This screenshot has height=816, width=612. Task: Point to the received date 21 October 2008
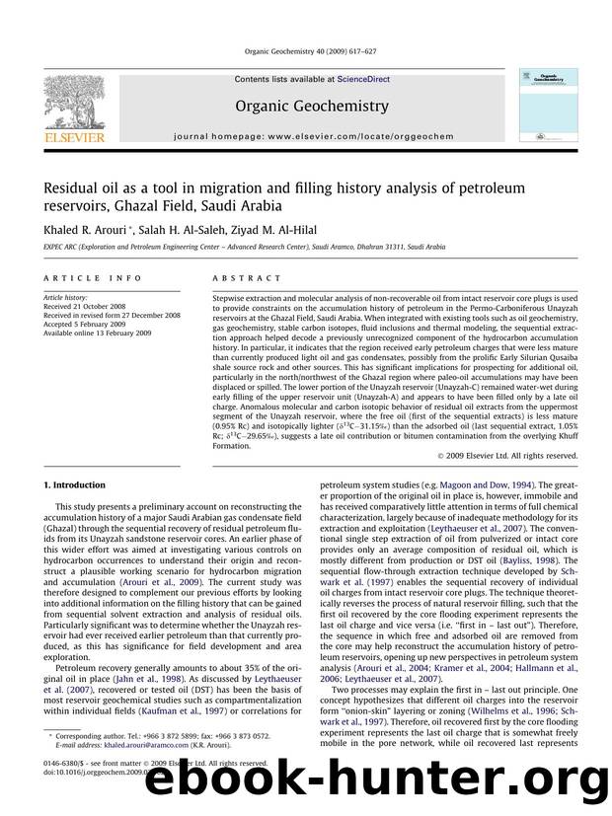pyautogui.click(x=82, y=305)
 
